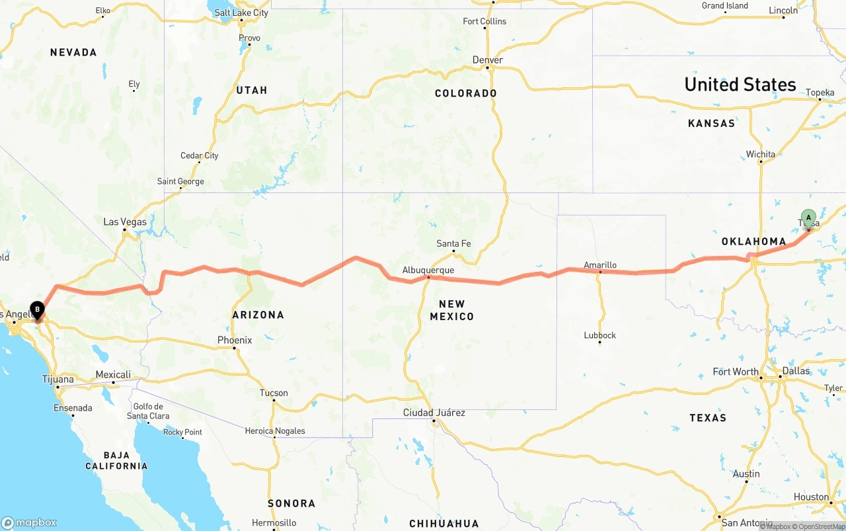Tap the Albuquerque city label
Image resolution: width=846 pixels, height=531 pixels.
(428, 270)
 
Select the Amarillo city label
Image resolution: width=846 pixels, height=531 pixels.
(600, 265)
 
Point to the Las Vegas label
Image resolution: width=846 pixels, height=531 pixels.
(125, 222)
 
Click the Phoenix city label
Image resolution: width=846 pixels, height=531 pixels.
(235, 340)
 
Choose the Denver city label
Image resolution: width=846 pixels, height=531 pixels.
(488, 60)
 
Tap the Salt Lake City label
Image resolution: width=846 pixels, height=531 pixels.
(242, 13)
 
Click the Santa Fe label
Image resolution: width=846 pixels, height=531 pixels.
(453, 243)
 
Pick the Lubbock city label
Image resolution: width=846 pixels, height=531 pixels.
(599, 335)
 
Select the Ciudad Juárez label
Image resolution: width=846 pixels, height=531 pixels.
(434, 413)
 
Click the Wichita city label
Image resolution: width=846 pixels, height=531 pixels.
(761, 154)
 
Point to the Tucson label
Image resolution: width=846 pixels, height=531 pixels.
(274, 393)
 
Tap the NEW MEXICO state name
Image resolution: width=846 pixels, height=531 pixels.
(452, 310)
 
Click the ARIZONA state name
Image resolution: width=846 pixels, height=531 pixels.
(258, 315)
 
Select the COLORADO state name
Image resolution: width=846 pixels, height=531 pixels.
(466, 93)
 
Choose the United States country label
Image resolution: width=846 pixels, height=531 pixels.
(740, 85)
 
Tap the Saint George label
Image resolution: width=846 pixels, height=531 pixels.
(180, 181)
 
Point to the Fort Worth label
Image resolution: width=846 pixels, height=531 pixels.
(736, 372)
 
